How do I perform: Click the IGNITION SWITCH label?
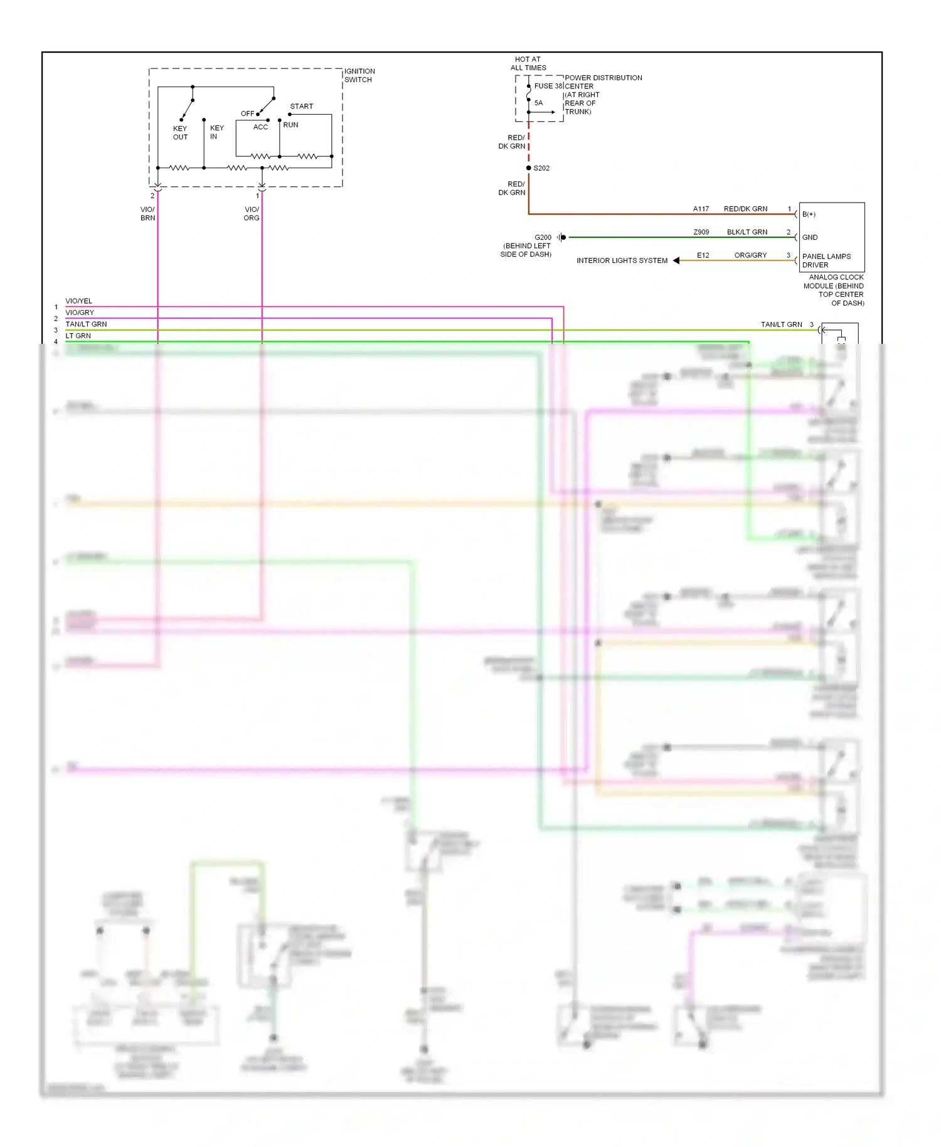pyautogui.click(x=359, y=75)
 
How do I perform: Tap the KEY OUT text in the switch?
pyautogui.click(x=180, y=132)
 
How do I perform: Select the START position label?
pyautogui.click(x=301, y=106)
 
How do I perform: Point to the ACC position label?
pyautogui.click(x=260, y=127)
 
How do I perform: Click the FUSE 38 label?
pyautogui.click(x=548, y=86)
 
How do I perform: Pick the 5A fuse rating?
pyautogui.click(x=538, y=103)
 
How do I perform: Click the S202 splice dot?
pyautogui.click(x=529, y=168)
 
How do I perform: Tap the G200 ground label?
pyautogui.click(x=543, y=237)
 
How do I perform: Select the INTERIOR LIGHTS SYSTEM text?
pyautogui.click(x=622, y=260)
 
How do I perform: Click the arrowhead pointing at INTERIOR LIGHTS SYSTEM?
pyautogui.click(x=676, y=260)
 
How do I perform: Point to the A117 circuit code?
pyautogui.click(x=701, y=209)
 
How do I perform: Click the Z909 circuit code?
pyautogui.click(x=701, y=232)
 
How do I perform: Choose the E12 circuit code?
pyautogui.click(x=703, y=255)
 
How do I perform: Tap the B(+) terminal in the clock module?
pyautogui.click(x=809, y=214)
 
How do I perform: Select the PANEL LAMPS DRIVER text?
pyautogui.click(x=826, y=260)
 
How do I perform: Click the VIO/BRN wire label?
pyautogui.click(x=147, y=213)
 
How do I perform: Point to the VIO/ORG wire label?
pyautogui.click(x=252, y=213)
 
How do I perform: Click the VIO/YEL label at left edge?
pyautogui.click(x=78, y=301)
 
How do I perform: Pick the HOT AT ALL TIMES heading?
pyautogui.click(x=528, y=63)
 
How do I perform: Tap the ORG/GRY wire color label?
pyautogui.click(x=750, y=255)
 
